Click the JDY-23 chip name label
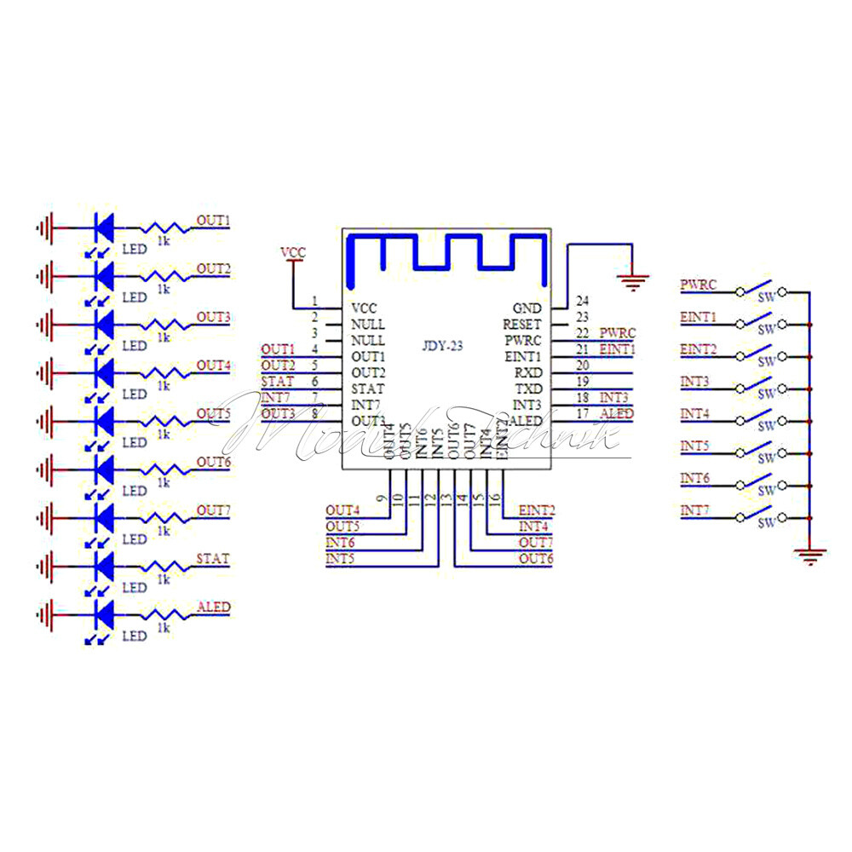(x=444, y=347)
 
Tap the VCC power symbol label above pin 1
(x=292, y=252)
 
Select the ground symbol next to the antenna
(x=631, y=281)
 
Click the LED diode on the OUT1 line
(x=104, y=228)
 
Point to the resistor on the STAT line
(x=164, y=567)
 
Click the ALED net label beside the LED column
(x=213, y=607)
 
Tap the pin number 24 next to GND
(x=583, y=301)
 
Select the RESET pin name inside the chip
(x=522, y=325)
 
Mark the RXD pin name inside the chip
(x=528, y=372)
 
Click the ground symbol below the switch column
(x=810, y=556)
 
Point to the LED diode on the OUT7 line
(x=104, y=518)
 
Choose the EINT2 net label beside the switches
(x=698, y=349)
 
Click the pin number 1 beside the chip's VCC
(x=315, y=301)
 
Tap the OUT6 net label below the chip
(x=536, y=559)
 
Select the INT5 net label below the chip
(x=340, y=559)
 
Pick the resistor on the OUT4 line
(x=164, y=373)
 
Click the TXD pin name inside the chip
(x=528, y=389)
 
